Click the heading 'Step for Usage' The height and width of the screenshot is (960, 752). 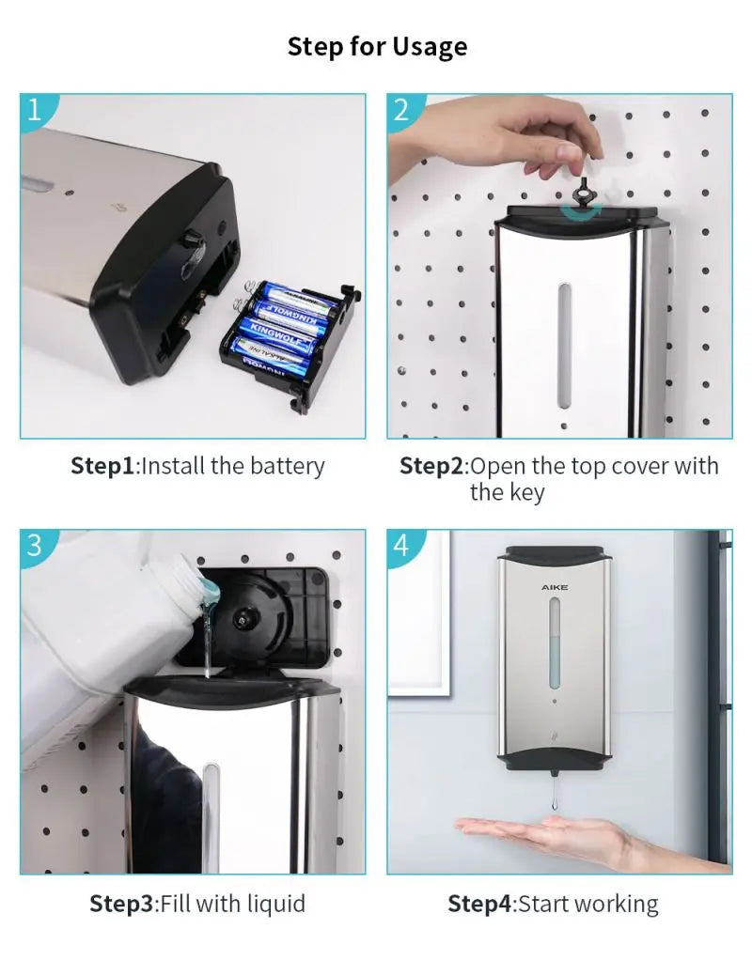click(x=377, y=46)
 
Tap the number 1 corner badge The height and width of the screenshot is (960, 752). click(x=34, y=109)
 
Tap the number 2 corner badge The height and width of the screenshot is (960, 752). click(x=401, y=109)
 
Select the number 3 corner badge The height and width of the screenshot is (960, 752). click(x=34, y=546)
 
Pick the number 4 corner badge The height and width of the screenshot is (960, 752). click(x=401, y=546)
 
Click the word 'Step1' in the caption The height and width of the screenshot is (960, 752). click(x=103, y=466)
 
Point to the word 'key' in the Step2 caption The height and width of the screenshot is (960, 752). click(x=527, y=492)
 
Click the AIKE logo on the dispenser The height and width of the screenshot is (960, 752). click(x=555, y=587)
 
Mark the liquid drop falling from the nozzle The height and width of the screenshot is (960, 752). click(x=555, y=804)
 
